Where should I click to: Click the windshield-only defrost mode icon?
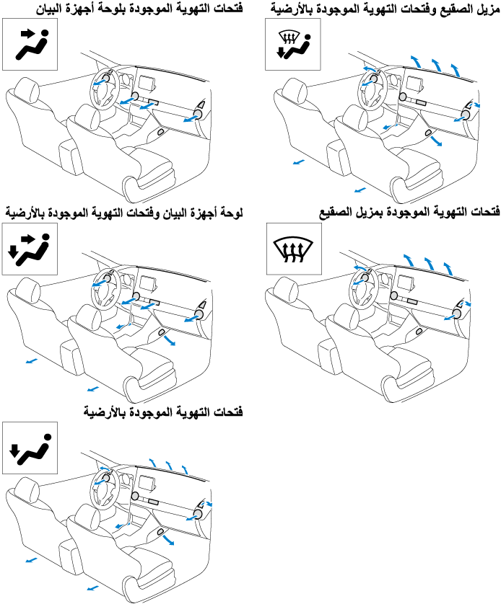[x=294, y=249]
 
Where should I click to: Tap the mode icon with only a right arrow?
[x=30, y=44]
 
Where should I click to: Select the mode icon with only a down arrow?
[x=30, y=448]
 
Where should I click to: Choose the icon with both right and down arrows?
[x=30, y=249]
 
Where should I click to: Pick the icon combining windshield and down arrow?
[x=293, y=44]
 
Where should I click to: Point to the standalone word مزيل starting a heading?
[x=488, y=9]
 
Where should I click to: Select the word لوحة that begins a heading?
[x=230, y=213]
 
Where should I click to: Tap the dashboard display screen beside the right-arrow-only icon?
[x=147, y=84]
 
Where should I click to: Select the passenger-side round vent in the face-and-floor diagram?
[x=199, y=315]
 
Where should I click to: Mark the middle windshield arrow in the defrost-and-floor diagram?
[x=436, y=65]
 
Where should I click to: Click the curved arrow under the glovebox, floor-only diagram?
[x=168, y=538]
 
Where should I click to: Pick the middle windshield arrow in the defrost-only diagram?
[x=429, y=264]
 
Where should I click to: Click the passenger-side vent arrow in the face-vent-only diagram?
[x=189, y=119]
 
